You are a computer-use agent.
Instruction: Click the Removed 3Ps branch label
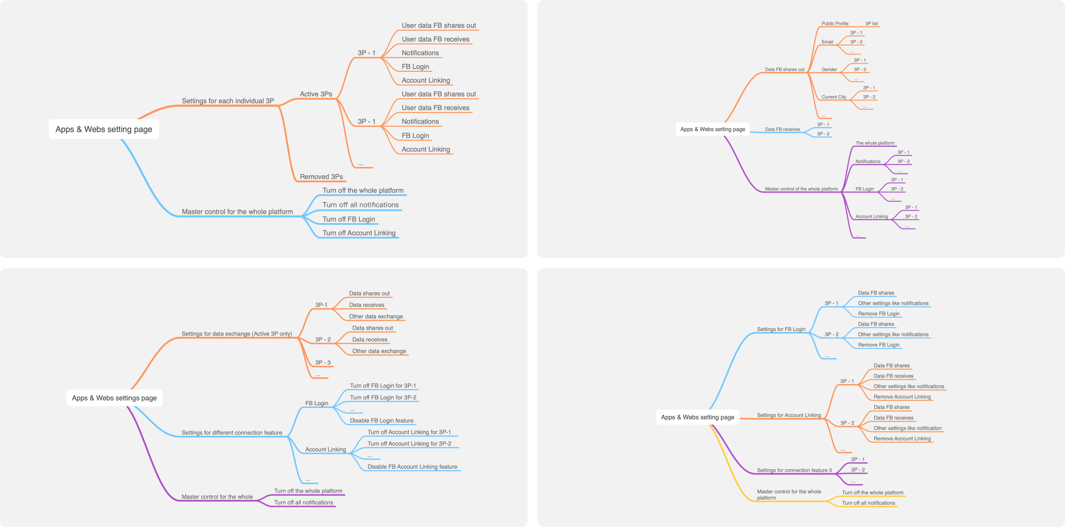321,177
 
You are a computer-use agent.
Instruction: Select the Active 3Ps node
315,94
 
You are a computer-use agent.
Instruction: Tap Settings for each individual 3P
228,101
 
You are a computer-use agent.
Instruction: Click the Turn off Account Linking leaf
359,233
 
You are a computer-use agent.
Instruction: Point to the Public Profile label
834,23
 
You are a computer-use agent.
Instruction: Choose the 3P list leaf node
871,23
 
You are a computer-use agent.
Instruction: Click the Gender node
829,69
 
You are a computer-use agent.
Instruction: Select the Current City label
833,97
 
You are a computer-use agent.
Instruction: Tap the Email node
827,42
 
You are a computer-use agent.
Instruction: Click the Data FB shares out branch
784,69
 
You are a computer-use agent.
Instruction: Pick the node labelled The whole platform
875,143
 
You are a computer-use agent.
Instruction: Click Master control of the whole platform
801,189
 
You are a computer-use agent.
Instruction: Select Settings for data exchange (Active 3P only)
236,334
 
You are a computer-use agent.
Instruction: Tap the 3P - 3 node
322,362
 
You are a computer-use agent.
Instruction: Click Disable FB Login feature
381,421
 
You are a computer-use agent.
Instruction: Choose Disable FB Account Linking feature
412,466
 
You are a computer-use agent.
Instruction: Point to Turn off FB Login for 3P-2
382,397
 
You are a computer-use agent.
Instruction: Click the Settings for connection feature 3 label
794,471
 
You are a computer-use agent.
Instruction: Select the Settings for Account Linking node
788,415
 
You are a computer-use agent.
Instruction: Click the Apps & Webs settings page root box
114,398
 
